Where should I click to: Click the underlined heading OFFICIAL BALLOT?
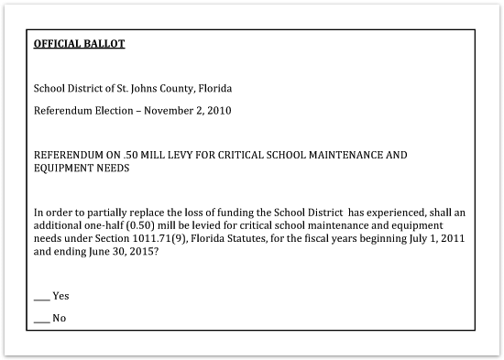click(79, 43)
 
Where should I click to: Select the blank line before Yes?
click(41, 297)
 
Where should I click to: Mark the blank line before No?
click(41, 319)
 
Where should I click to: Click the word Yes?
click(60, 296)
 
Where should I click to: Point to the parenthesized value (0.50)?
click(152, 224)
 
